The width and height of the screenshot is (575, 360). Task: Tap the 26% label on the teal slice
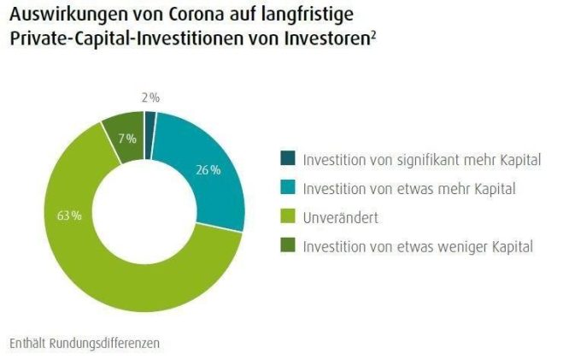coord(208,169)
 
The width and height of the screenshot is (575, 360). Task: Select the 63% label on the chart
coord(70,215)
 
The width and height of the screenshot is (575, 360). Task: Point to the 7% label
coord(127,139)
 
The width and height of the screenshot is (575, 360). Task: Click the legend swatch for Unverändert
coord(287,217)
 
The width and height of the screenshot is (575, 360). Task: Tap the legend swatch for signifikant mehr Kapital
coord(287,159)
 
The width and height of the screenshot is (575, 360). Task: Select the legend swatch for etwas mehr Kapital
coord(287,188)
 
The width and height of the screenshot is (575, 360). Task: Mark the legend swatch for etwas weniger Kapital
coord(287,246)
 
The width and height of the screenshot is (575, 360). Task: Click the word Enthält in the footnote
coord(26,343)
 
